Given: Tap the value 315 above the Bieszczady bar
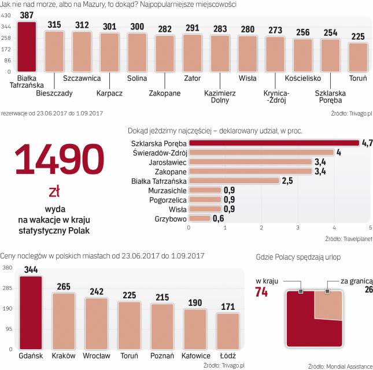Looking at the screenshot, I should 54,24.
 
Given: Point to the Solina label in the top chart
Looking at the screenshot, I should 137,77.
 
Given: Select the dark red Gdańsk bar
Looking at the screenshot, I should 30,313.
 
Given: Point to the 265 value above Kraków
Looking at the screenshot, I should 64,286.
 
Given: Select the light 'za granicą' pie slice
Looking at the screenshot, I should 327,304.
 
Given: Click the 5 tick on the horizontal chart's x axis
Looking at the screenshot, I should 370,228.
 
